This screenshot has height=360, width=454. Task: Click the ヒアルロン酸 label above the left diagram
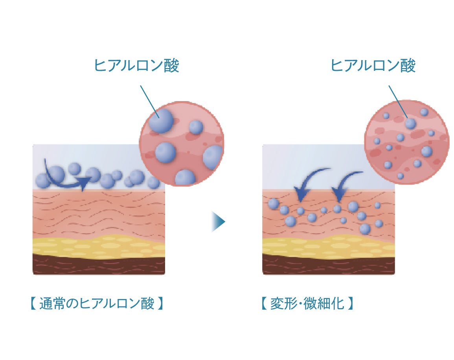pos(136,66)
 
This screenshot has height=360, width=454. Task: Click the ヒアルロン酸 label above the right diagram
pos(373,66)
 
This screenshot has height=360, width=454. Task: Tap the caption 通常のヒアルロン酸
pos(97,304)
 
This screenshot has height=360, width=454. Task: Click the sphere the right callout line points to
pos(410,124)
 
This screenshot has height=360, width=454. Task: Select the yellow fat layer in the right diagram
pos(328,247)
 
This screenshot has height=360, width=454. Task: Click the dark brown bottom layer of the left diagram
pos(98,266)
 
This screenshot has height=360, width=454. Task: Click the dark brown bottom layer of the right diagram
pos(328,266)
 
